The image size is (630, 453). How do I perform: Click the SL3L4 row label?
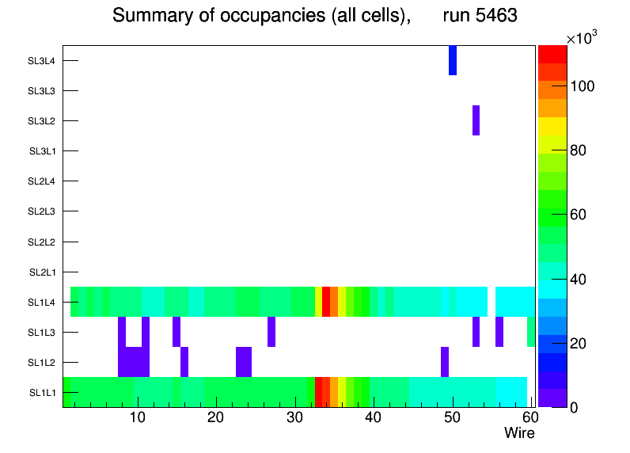[x=42, y=61]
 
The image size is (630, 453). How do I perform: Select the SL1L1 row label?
[x=42, y=393]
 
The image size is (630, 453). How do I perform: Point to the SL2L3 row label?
[x=42, y=211]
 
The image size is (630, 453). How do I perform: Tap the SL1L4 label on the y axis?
[x=42, y=303]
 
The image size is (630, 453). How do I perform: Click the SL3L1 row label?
[x=42, y=151]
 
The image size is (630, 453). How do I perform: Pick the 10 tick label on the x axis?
[x=138, y=417]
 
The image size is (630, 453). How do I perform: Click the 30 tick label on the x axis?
[x=294, y=417]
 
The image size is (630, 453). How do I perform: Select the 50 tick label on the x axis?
[x=452, y=417]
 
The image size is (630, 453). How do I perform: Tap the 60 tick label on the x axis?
[x=529, y=417]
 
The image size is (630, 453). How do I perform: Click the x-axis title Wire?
[x=519, y=433]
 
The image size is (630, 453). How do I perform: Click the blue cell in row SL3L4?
[x=453, y=60]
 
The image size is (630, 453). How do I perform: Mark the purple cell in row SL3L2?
[x=476, y=120]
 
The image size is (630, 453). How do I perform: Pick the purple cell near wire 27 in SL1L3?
[x=271, y=332]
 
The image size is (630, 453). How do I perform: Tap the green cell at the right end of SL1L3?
[x=531, y=332]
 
